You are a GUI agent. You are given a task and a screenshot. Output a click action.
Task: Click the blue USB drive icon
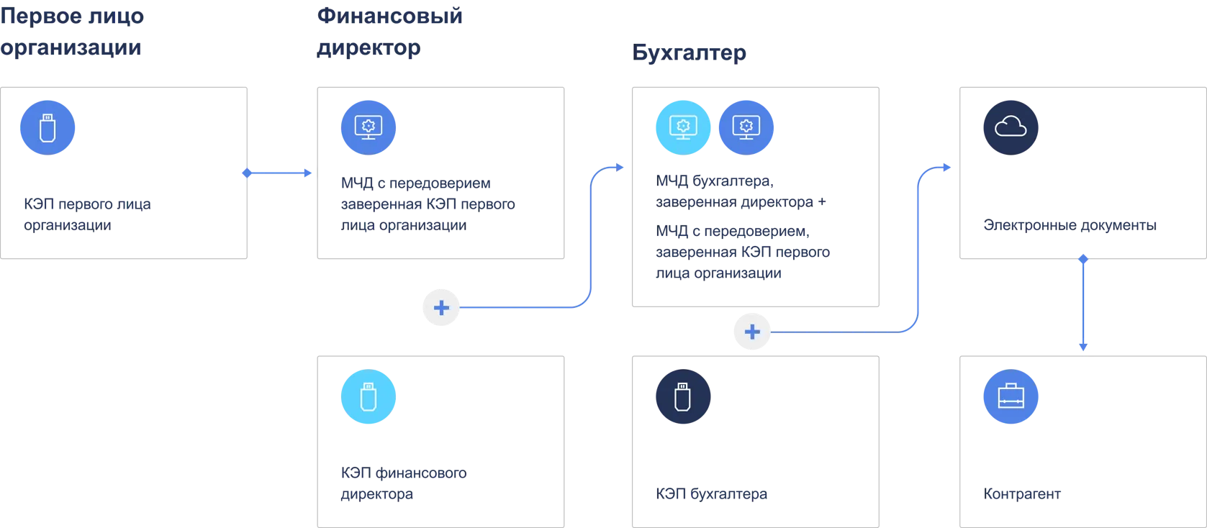pyautogui.click(x=47, y=127)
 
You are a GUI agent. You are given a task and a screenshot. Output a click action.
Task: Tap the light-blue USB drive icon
pyautogui.click(x=368, y=396)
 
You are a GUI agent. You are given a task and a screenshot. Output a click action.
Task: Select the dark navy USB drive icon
pyautogui.click(x=682, y=396)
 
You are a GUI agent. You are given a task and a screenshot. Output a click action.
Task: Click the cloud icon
pyautogui.click(x=1010, y=127)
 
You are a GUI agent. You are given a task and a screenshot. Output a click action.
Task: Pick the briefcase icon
pyautogui.click(x=1011, y=396)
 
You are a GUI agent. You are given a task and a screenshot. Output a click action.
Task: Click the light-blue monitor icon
pyautogui.click(x=682, y=127)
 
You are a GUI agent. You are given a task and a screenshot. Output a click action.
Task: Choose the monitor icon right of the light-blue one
pyautogui.click(x=746, y=127)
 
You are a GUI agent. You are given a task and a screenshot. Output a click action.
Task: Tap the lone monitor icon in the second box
pyautogui.click(x=368, y=127)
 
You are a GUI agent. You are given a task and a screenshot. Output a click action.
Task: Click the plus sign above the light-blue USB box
pyautogui.click(x=440, y=308)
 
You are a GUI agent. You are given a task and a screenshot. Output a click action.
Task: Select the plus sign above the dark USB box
pyautogui.click(x=751, y=332)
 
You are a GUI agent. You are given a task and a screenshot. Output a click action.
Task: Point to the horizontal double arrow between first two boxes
pyautogui.click(x=279, y=173)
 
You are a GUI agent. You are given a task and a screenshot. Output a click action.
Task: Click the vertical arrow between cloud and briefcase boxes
pyautogui.click(x=1082, y=304)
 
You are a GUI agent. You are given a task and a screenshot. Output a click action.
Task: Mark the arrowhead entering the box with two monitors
pyautogui.click(x=620, y=168)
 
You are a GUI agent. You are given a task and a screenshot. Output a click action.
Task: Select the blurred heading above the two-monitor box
pyautogui.click(x=690, y=53)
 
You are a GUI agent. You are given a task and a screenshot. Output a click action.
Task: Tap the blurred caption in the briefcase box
pyautogui.click(x=1023, y=494)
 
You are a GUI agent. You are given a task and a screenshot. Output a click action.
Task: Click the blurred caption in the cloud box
pyautogui.click(x=1068, y=224)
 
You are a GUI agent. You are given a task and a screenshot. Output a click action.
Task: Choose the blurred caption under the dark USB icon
pyautogui.click(x=713, y=494)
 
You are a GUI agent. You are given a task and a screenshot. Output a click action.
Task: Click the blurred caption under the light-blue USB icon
pyautogui.click(x=402, y=483)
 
